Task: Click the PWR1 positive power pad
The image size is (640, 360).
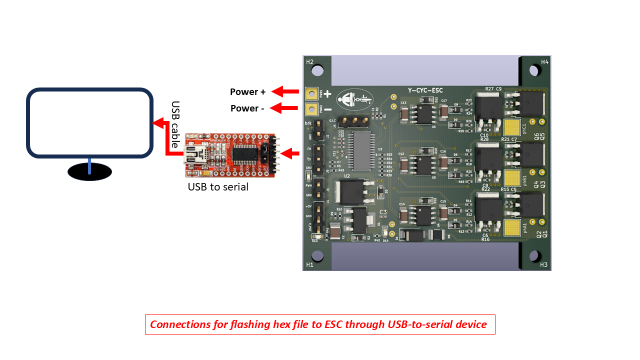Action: point(312,93)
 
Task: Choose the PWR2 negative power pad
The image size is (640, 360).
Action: point(312,108)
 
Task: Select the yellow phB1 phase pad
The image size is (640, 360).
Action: point(511,177)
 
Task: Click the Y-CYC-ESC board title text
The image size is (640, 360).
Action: point(425,90)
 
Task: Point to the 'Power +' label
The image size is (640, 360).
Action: point(247,92)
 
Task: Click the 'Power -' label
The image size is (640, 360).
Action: point(247,108)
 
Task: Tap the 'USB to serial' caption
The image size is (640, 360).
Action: point(218,187)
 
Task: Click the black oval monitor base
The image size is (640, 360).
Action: point(89,171)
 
